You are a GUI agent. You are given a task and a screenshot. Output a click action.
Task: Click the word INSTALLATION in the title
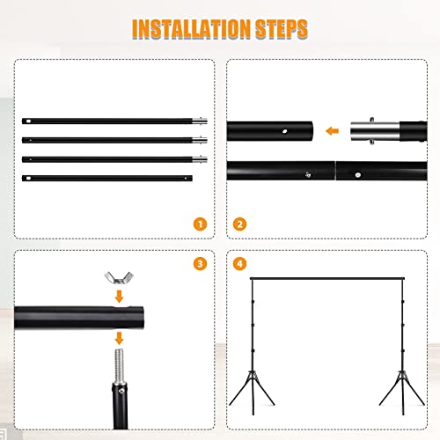tap(187, 28)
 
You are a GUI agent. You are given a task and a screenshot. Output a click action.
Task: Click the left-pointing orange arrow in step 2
tap(332, 132)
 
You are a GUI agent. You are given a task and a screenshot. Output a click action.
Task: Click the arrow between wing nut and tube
tap(119, 297)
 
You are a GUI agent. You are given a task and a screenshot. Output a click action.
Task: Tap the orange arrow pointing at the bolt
tap(119, 340)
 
